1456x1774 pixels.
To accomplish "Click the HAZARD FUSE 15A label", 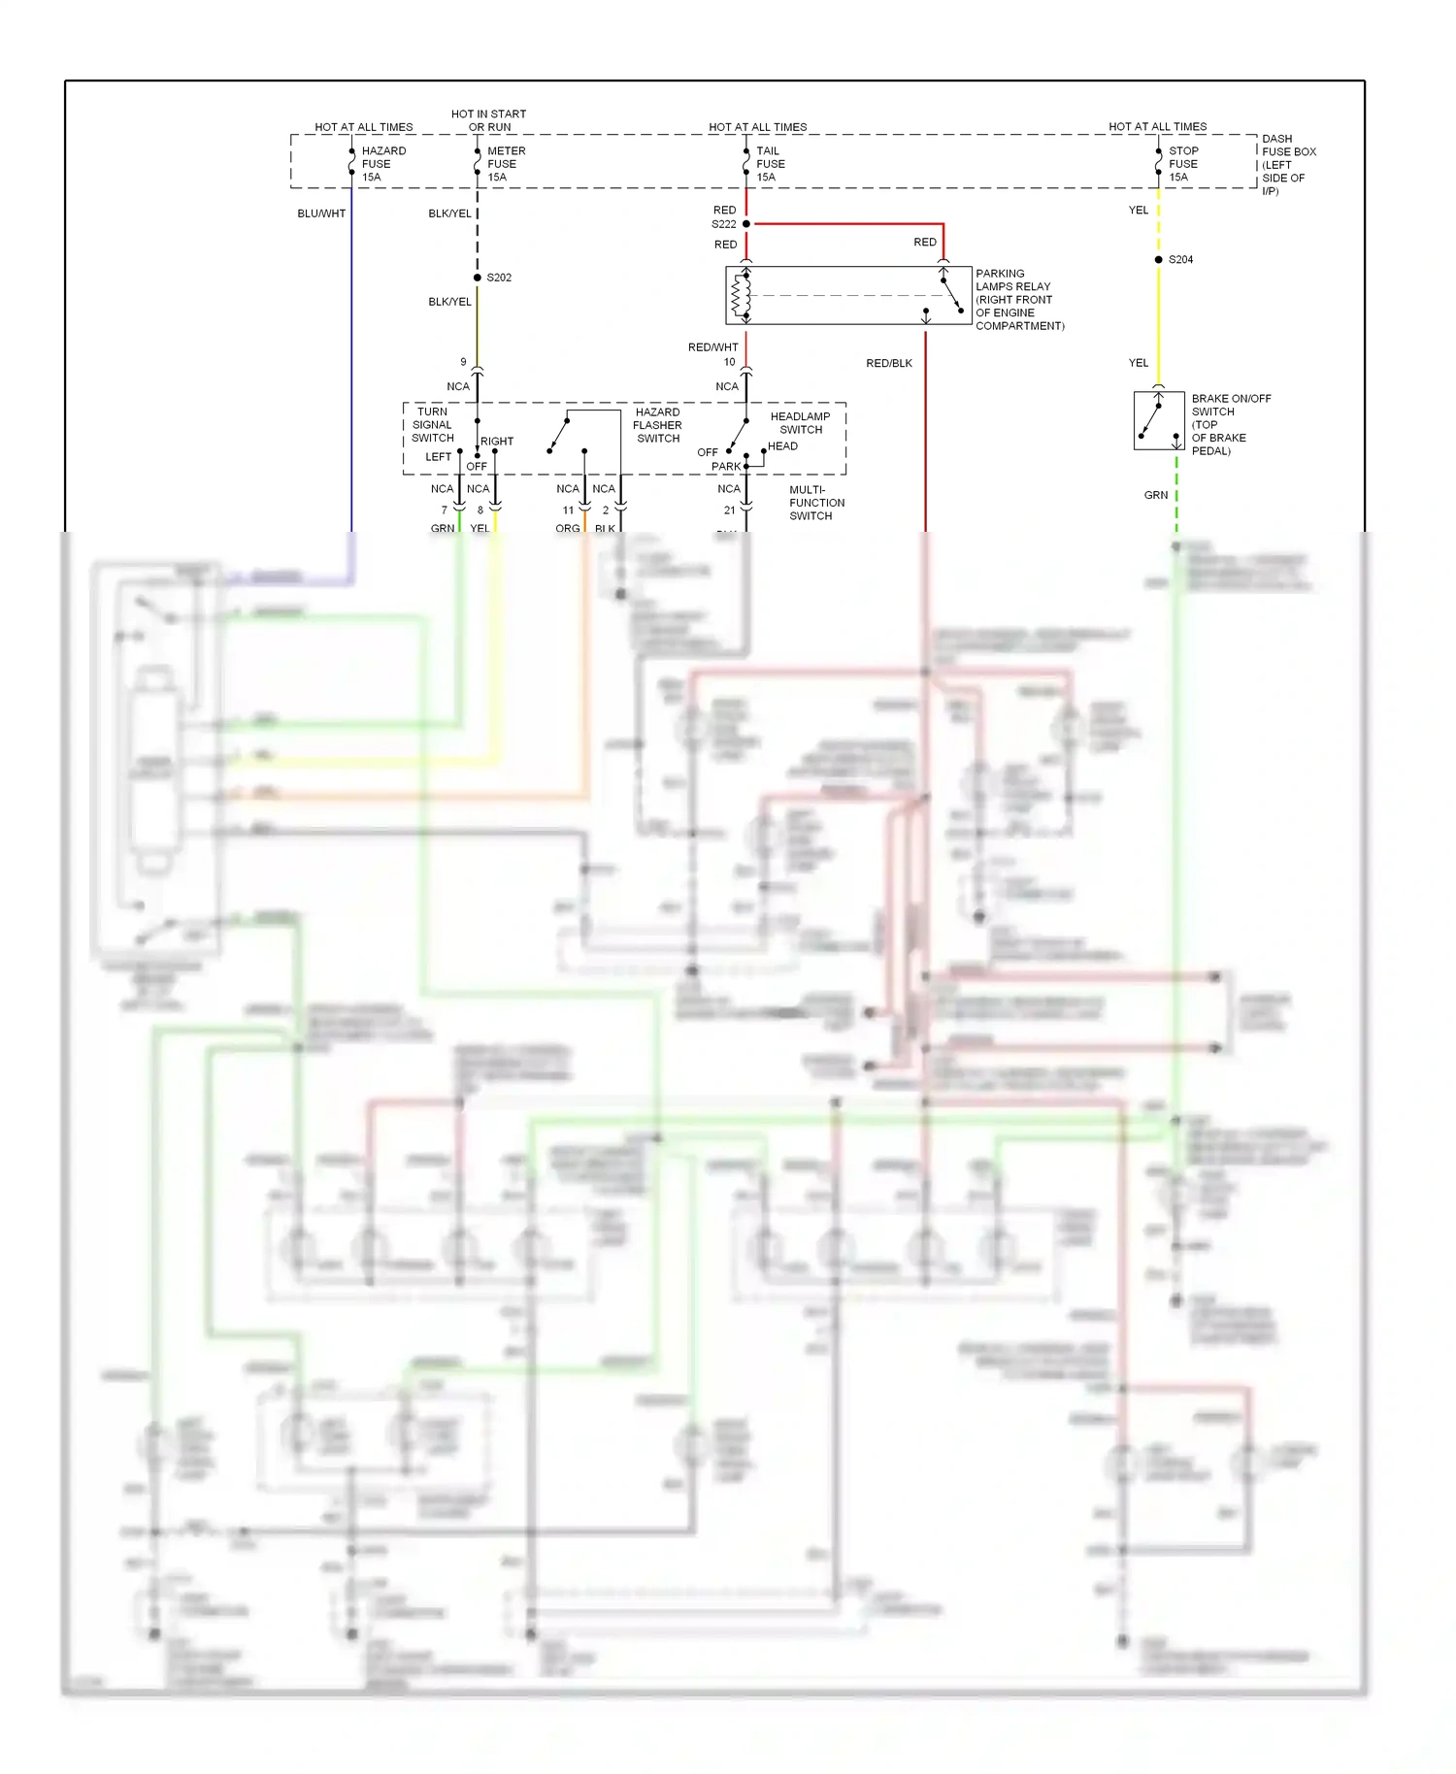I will coord(382,164).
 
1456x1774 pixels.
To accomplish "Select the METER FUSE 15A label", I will coord(505,164).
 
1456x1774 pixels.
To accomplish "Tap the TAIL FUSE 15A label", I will coord(770,164).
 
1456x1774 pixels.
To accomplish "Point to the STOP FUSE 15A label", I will coord(1182,164).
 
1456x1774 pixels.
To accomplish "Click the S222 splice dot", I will coord(746,224).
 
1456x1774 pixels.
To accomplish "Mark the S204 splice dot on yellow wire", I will coord(1158,260).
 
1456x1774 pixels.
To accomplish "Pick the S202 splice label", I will coord(499,278).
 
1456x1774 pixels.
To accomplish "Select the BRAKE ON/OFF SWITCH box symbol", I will coord(1158,420).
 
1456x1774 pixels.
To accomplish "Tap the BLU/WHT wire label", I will coord(321,214).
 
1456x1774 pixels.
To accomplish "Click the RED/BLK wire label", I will coord(888,364).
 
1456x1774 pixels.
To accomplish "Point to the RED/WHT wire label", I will coord(712,347).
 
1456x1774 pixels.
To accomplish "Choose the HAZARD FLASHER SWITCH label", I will coord(657,425).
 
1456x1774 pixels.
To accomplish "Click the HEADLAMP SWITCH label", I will coord(800,423).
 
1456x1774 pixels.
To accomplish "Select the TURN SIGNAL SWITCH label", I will coord(432,425).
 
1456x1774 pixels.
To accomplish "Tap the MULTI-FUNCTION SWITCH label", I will coord(816,503).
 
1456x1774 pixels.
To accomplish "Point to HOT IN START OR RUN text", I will coord(488,120).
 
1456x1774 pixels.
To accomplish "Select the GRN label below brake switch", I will coord(1155,495).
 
